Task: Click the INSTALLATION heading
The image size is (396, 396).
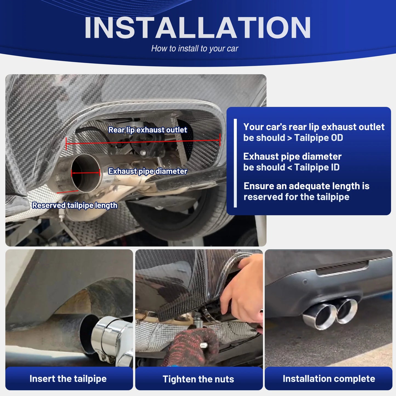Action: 197,28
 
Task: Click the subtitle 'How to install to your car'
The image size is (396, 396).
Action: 195,49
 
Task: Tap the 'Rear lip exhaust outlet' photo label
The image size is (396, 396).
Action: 147,130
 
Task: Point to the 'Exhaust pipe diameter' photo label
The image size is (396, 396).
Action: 147,171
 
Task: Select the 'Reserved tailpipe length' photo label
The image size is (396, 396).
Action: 75,205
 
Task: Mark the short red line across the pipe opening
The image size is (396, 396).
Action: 86,173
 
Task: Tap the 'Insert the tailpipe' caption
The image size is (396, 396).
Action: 68,378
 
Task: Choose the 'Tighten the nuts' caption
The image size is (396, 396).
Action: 198,379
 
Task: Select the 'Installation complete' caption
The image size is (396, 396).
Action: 329,378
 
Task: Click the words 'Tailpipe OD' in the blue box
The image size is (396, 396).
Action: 318,138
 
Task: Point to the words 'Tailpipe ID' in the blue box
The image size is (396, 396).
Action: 317,167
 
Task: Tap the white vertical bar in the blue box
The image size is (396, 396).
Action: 235,163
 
